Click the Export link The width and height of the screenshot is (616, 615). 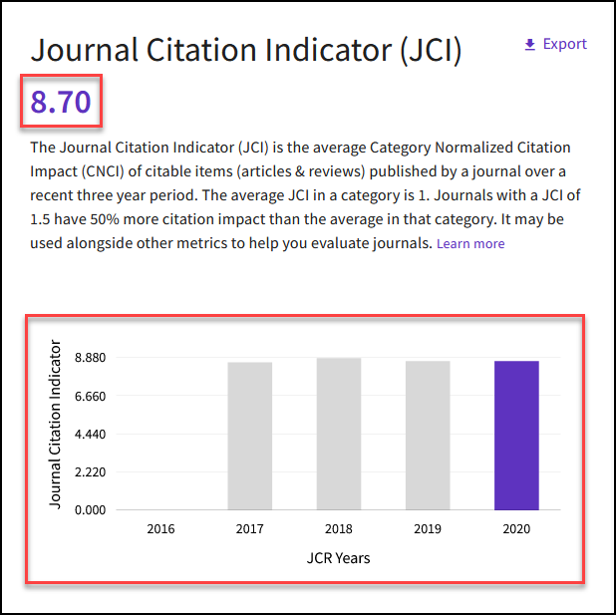[564, 44]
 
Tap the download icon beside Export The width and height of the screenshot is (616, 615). [529, 45]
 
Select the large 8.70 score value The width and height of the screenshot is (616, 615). [62, 101]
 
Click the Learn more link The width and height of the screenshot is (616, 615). [470, 244]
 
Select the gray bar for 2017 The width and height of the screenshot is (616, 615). [249, 436]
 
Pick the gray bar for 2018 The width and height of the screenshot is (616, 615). [339, 434]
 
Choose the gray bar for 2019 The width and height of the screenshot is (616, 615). [428, 436]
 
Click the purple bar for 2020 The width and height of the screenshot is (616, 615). [516, 436]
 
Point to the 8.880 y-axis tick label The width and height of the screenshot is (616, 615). [89, 357]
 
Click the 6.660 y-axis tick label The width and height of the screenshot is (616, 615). [89, 396]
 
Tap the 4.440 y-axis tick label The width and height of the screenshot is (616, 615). [89, 434]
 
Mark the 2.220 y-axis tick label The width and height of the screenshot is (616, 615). [89, 472]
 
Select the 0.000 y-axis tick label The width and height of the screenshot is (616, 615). [89, 510]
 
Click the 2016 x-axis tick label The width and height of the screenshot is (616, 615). [160, 529]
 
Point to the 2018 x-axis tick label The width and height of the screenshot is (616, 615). [339, 529]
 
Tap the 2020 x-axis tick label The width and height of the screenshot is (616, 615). [516, 529]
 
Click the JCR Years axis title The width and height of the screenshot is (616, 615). [338, 558]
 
